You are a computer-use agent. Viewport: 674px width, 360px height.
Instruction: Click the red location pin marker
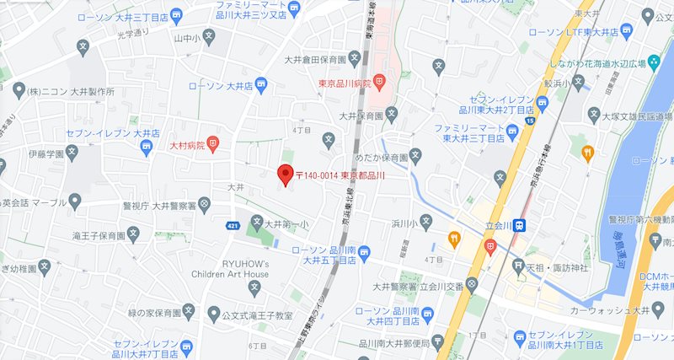tap(284, 175)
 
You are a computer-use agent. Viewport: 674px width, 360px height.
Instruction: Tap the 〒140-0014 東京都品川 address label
tap(340, 176)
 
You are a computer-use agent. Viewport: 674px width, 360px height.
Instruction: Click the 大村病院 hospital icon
tap(214, 145)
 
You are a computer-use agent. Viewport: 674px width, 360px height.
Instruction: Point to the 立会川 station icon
tap(522, 225)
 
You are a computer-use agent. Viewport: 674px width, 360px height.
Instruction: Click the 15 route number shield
tap(529, 121)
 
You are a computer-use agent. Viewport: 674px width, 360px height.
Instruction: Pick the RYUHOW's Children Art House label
tap(233, 268)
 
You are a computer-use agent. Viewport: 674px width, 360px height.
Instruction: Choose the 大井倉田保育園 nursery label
tap(314, 59)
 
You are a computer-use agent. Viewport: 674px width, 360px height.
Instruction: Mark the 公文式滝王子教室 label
tap(256, 314)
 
